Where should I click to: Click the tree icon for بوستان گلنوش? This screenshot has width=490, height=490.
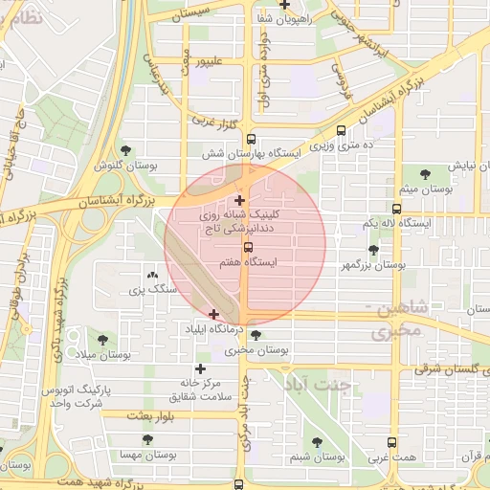pos(126,150)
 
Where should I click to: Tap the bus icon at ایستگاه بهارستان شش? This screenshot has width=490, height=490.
pos(251,138)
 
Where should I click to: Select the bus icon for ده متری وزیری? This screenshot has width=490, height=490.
pos(343,132)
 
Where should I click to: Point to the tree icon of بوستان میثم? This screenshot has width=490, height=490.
pos(425,173)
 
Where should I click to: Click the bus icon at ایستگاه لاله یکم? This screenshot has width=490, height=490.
pos(396,208)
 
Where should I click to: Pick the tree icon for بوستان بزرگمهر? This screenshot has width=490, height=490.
pos(372,249)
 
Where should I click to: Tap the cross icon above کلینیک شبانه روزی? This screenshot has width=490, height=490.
pos(239,200)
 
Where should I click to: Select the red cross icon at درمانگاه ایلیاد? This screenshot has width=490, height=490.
pos(213,314)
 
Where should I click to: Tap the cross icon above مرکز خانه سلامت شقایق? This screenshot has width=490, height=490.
pos(200,368)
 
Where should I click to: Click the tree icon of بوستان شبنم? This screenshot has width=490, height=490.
pos(317,442)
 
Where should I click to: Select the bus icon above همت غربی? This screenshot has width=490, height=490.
pos(390,442)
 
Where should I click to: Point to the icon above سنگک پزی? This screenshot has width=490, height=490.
pos(151,275)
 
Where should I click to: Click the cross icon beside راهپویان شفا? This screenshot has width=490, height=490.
pos(284,5)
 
